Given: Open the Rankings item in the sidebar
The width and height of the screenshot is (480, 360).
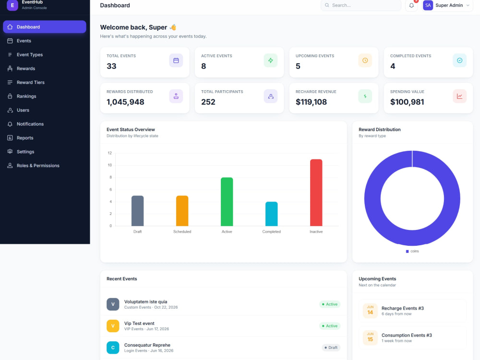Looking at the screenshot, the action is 26,96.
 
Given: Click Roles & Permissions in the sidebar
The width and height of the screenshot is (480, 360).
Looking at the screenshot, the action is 38,166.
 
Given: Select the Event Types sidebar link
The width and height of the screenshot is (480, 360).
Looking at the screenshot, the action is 30,55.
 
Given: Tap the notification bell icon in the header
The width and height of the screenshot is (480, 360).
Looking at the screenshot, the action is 411,5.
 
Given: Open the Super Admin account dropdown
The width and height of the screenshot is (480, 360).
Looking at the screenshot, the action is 446,5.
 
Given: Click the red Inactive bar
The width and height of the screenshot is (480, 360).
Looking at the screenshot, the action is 316,192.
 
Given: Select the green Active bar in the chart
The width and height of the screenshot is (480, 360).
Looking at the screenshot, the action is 227,202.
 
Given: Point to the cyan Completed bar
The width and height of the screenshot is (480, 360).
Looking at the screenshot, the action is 272,214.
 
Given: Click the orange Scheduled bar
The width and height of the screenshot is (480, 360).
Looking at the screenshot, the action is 182,211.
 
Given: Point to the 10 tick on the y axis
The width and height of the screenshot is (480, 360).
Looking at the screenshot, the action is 109,165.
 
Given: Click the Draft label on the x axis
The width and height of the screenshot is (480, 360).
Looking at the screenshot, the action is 137,232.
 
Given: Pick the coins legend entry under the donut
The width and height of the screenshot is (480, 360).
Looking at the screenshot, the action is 412,252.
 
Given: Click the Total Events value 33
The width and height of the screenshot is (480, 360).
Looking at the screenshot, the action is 111,66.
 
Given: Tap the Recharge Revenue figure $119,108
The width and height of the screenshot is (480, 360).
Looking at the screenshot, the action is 311,102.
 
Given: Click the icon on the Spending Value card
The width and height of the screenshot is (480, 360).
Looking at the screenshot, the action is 459,96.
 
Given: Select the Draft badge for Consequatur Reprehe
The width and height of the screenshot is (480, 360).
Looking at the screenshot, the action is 331,348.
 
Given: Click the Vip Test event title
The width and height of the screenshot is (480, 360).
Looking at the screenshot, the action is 139,323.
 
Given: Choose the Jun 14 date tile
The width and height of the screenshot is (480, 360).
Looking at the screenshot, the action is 370,311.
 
